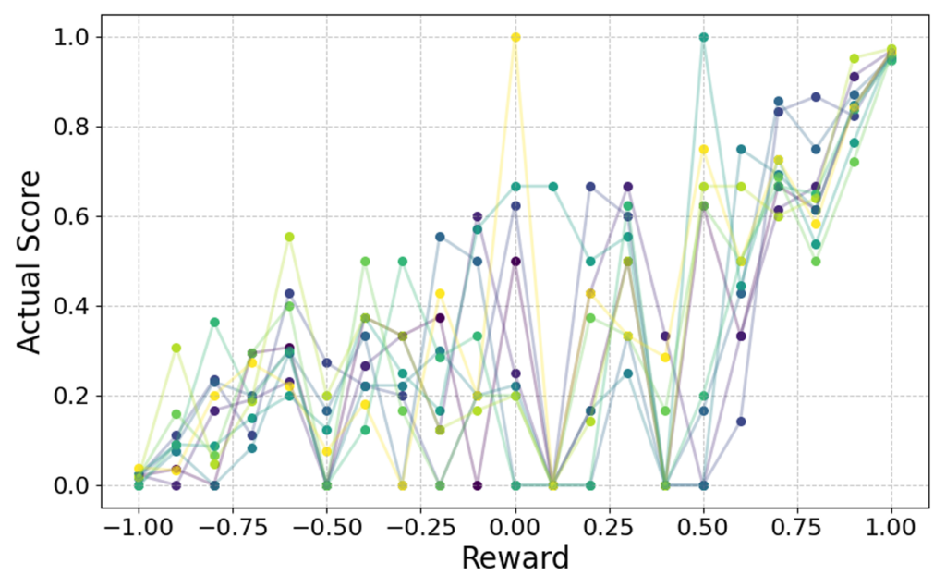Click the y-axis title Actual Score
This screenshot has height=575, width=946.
coord(31,262)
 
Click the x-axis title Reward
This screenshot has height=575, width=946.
coord(515,557)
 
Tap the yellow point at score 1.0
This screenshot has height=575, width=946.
coord(515,37)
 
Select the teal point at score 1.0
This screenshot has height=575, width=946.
coord(704,37)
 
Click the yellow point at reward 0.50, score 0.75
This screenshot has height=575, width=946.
coord(704,149)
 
